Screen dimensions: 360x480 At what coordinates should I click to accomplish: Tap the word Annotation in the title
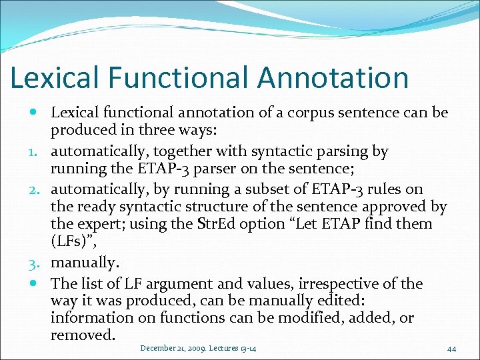333,77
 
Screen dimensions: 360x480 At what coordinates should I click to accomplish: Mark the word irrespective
349,283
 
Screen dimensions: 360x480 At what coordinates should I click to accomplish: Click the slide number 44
451,348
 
